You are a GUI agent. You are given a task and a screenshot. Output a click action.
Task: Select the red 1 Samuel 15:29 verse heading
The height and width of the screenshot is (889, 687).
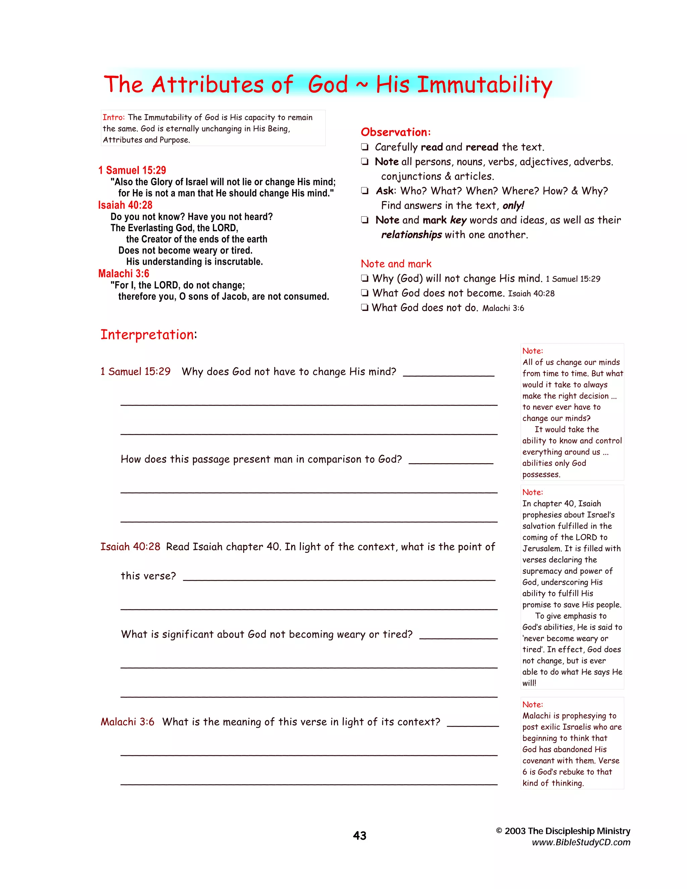point(132,170)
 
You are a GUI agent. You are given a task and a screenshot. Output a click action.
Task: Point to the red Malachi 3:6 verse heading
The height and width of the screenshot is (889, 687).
point(124,273)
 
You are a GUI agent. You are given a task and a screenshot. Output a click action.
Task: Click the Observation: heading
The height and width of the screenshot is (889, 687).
point(395,132)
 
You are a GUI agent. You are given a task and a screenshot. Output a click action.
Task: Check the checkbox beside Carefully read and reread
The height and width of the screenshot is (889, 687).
point(365,147)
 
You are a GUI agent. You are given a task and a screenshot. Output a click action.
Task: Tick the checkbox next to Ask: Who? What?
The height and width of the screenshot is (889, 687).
point(365,191)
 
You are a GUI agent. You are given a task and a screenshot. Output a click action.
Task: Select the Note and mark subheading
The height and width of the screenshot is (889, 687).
point(396,264)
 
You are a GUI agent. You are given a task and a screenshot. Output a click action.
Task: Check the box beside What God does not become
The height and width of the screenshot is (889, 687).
point(365,293)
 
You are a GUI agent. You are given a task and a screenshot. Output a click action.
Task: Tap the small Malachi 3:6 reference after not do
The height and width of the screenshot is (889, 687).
point(503,308)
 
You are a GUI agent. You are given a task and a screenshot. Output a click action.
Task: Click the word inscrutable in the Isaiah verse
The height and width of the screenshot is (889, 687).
point(239,262)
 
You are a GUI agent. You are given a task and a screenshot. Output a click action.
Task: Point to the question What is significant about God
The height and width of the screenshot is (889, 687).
point(267,634)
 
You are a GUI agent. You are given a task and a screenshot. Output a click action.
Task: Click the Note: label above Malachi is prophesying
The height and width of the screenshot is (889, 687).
point(532,704)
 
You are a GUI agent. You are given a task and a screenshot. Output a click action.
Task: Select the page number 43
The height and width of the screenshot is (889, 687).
point(359,836)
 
